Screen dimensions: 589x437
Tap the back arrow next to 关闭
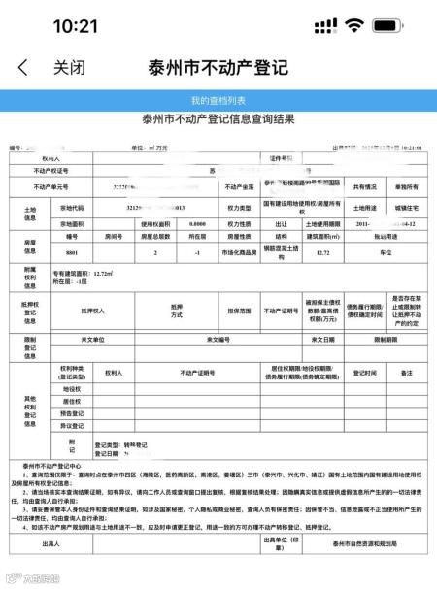pyautogui.click(x=22, y=69)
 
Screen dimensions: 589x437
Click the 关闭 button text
pyautogui.click(x=69, y=69)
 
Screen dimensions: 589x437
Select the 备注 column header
pyautogui.click(x=406, y=373)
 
